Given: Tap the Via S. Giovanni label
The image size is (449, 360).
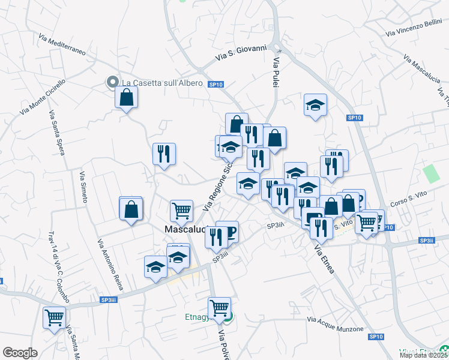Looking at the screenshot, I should [240, 53].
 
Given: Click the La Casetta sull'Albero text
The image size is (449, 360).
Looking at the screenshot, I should [161, 82].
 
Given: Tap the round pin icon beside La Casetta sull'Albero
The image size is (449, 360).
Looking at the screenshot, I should [111, 82].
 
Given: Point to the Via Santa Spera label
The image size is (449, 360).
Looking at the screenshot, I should [56, 133].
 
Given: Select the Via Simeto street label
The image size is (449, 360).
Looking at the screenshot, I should [83, 187].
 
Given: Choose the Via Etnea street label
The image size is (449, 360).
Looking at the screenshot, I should [324, 259].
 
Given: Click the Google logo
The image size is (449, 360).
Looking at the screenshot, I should [20, 353].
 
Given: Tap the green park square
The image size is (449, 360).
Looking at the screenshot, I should [430, 173].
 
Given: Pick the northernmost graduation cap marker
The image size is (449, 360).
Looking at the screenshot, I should [315, 106].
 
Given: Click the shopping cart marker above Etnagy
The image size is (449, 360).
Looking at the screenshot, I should [220, 308].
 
